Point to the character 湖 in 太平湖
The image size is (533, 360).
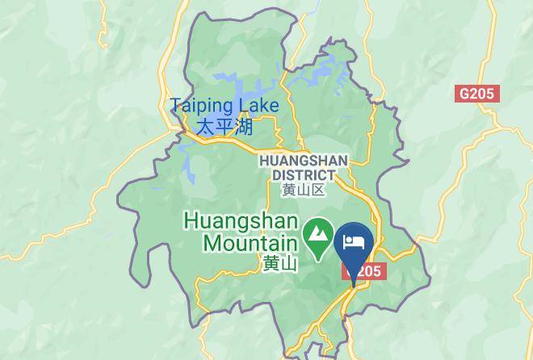(x=243, y=127)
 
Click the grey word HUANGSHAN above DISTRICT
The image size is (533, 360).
(x=303, y=161)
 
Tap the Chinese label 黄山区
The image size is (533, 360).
(x=303, y=190)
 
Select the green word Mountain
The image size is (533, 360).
(x=250, y=242)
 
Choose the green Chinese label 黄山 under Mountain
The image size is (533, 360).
(x=280, y=263)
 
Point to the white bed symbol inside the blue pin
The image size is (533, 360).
(x=354, y=241)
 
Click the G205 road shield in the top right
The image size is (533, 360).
(x=478, y=94)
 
